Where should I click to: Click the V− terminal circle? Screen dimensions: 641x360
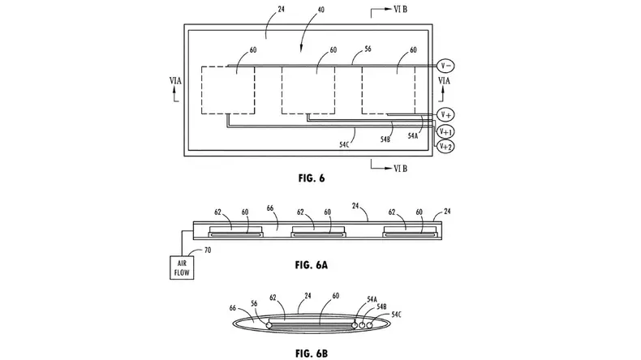coord(446,66)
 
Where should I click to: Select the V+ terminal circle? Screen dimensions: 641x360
coord(445,115)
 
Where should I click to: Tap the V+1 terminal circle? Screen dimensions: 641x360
coord(445,131)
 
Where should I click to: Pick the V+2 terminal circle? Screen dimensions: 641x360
coord(445,146)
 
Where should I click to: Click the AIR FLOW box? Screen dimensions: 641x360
coord(182,268)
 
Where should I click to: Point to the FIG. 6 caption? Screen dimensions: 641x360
coord(312,178)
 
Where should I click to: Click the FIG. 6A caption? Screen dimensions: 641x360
coord(312,265)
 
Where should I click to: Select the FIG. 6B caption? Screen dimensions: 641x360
coord(312,353)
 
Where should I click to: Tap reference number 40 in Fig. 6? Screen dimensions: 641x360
coord(321,10)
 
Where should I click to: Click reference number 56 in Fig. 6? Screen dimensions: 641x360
coord(368,49)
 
